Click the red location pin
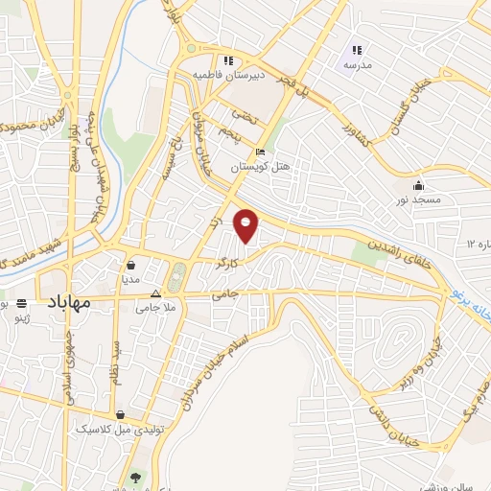pos(246,224)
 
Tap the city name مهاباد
pos(67,302)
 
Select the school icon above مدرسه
pos(357,50)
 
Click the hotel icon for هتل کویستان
pos(260,152)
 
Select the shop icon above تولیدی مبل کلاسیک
pos(122,415)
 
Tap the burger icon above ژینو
pos(22,303)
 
